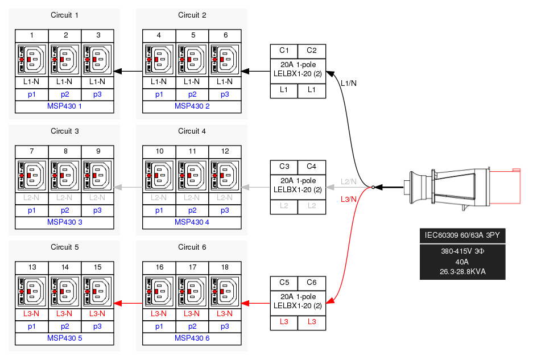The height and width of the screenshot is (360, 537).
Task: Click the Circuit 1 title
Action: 64,15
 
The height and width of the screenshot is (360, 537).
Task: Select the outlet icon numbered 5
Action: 193,59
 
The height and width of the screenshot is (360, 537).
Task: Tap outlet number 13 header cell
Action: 32,267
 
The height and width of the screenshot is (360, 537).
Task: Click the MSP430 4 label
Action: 192,222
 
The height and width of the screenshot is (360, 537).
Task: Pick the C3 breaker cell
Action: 284,166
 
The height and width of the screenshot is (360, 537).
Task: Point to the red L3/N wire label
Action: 348,199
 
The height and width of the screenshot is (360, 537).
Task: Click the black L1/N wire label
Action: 348,84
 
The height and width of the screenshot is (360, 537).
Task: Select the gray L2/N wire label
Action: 348,181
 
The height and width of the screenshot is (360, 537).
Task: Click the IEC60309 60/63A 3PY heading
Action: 462,236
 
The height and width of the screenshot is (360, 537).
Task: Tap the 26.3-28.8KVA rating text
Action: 462,271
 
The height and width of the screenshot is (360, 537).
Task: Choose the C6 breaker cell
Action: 312,282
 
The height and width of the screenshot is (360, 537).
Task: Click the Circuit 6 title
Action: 192,247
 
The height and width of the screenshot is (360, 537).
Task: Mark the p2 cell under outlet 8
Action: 65,210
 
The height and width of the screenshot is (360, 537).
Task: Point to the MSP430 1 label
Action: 65,106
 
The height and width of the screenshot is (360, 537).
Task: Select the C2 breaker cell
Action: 312,50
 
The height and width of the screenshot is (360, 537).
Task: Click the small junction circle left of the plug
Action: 373,187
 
